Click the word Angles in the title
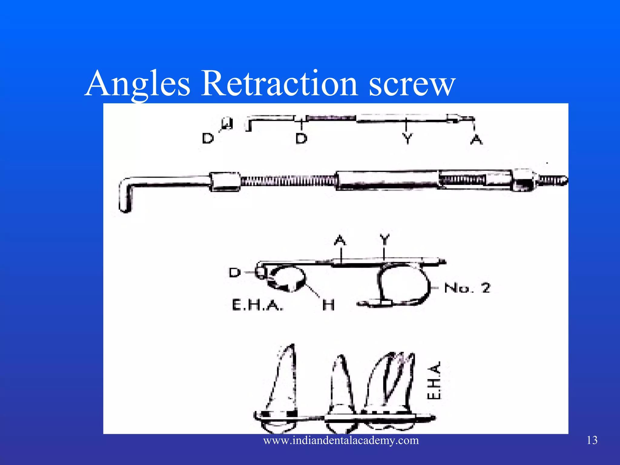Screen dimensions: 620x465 138,83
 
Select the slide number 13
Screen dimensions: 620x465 592,440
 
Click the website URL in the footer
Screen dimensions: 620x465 341,440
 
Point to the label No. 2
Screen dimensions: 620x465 467,288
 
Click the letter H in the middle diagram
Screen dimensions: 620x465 328,305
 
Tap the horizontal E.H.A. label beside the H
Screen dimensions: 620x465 258,305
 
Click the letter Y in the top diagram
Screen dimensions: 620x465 407,139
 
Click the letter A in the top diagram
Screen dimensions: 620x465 476,140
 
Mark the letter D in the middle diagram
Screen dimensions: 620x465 235,272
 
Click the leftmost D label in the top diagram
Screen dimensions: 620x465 208,138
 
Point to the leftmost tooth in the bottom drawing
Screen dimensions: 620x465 280,391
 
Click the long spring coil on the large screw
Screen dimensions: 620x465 288,182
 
